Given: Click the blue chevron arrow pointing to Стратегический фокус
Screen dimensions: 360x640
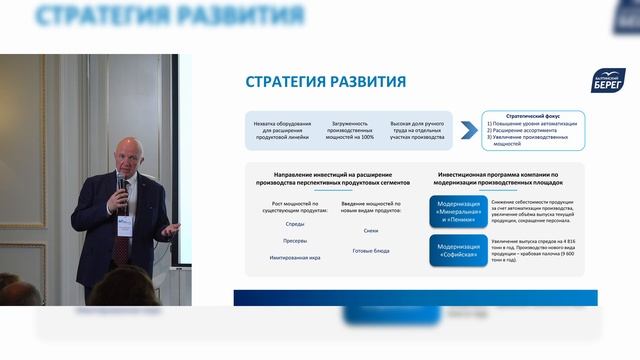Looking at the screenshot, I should pos(467,130).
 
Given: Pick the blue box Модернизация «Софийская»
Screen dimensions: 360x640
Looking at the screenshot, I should pos(457,249).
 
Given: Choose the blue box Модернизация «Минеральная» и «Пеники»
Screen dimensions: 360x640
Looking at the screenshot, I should pos(457,213).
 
